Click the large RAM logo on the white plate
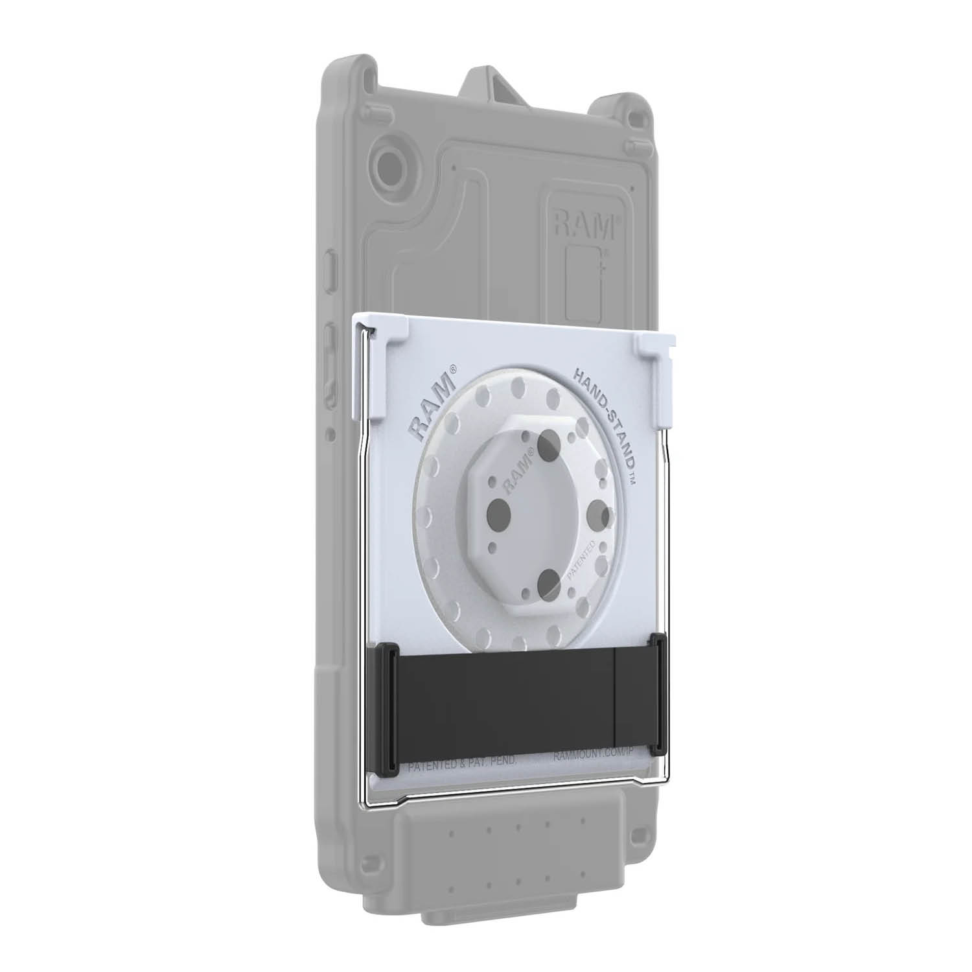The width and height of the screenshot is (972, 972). pyautogui.click(x=434, y=400)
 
